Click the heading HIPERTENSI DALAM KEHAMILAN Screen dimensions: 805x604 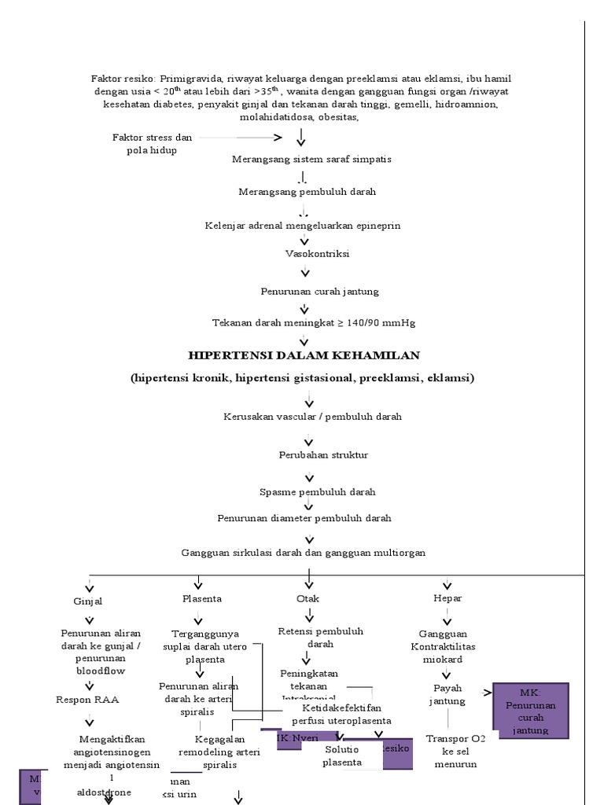pyautogui.click(x=304, y=355)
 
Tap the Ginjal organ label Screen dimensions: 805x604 pyautogui.click(x=88, y=601)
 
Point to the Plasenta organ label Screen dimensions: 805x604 pyautogui.click(x=201, y=598)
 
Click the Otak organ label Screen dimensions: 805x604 pyautogui.click(x=308, y=598)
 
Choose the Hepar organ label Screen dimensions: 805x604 pyautogui.click(x=447, y=598)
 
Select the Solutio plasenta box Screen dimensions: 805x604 pyautogui.click(x=342, y=755)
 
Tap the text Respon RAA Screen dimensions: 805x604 pyautogui.click(x=87, y=700)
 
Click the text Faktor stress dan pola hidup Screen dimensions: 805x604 pyautogui.click(x=152, y=144)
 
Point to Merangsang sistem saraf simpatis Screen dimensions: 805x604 pyautogui.click(x=311, y=159)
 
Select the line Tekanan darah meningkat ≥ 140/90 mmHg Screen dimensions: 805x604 pyautogui.click(x=314, y=322)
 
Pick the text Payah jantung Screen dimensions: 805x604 pyautogui.click(x=447, y=694)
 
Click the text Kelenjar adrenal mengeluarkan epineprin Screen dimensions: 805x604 pyautogui.click(x=303, y=226)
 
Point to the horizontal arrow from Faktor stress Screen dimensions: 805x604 pyautogui.click(x=240, y=138)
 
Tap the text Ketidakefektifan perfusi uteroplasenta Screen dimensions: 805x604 pyautogui.click(x=335, y=714)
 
